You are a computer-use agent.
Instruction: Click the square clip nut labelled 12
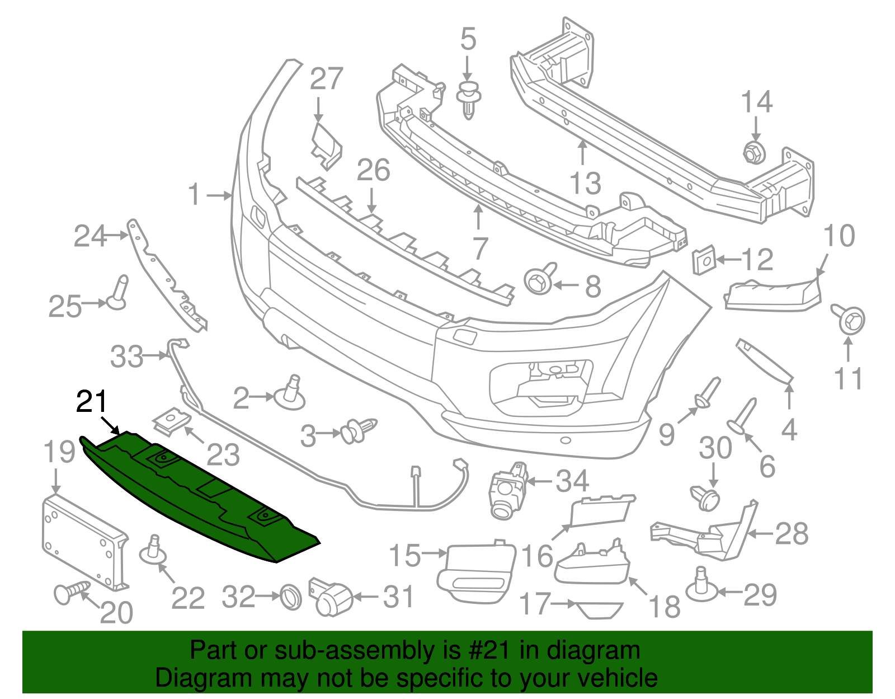(x=704, y=260)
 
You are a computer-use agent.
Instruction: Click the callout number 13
(x=585, y=184)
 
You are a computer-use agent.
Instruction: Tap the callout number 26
(x=373, y=170)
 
